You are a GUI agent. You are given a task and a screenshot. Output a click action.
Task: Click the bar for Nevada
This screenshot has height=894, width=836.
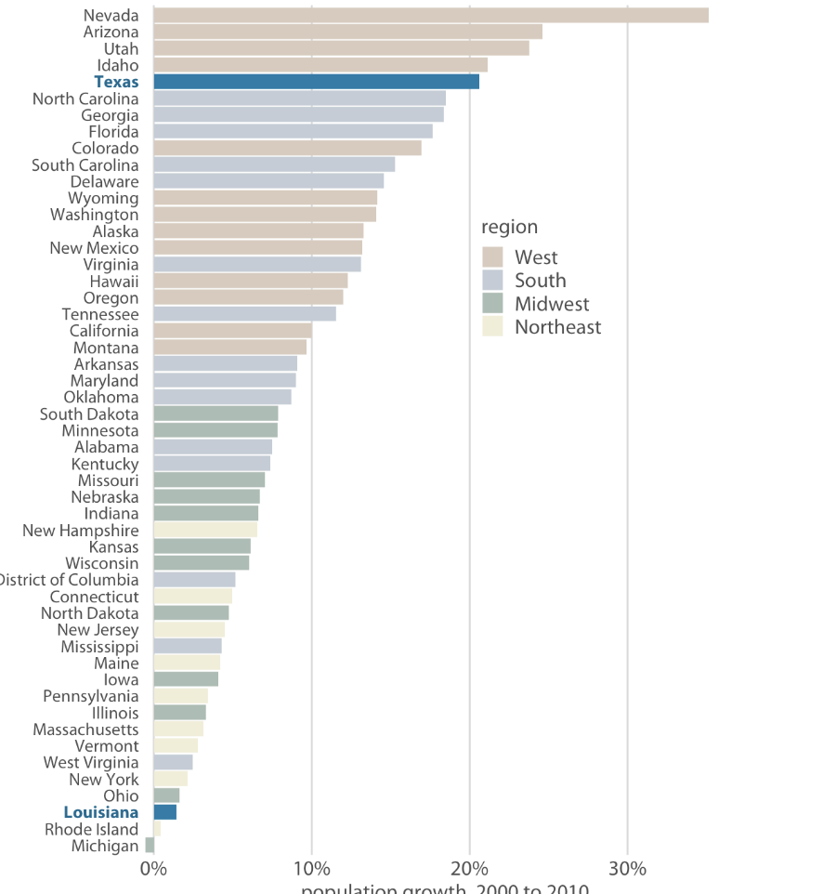[430, 15]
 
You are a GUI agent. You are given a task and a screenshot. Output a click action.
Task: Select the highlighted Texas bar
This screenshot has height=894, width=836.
[316, 82]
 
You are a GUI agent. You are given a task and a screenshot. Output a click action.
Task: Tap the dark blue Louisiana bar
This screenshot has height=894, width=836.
[164, 812]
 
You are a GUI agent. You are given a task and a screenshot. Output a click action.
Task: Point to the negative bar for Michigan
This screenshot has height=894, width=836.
[150, 846]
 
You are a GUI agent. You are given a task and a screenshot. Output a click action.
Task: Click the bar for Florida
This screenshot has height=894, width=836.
[293, 132]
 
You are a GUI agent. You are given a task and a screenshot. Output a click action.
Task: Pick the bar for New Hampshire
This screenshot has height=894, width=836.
[205, 530]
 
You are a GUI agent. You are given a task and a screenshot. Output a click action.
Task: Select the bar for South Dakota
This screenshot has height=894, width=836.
[216, 414]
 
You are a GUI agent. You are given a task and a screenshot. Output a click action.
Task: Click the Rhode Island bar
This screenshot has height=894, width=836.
[157, 829]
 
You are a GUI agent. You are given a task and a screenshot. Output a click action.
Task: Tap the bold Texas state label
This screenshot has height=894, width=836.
[116, 82]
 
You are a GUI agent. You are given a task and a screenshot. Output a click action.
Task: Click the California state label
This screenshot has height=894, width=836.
[104, 331]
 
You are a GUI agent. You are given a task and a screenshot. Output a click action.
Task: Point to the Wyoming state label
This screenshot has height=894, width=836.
[103, 198]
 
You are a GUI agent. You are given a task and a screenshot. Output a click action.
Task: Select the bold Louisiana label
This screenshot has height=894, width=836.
[101, 812]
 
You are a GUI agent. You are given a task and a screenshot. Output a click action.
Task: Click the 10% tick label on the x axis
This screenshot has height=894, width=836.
[311, 869]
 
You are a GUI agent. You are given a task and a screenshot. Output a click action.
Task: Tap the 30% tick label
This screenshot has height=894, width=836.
[628, 869]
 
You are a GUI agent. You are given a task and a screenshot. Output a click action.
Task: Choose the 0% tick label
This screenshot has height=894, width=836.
[153, 869]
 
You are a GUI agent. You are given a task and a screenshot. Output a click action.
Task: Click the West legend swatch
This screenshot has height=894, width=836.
[492, 257]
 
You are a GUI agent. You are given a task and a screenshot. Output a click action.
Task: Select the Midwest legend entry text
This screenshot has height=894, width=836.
[552, 304]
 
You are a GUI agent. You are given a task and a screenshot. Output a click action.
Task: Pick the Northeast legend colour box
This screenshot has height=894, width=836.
[492, 327]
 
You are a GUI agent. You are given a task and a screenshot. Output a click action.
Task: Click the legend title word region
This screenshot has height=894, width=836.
[509, 227]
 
